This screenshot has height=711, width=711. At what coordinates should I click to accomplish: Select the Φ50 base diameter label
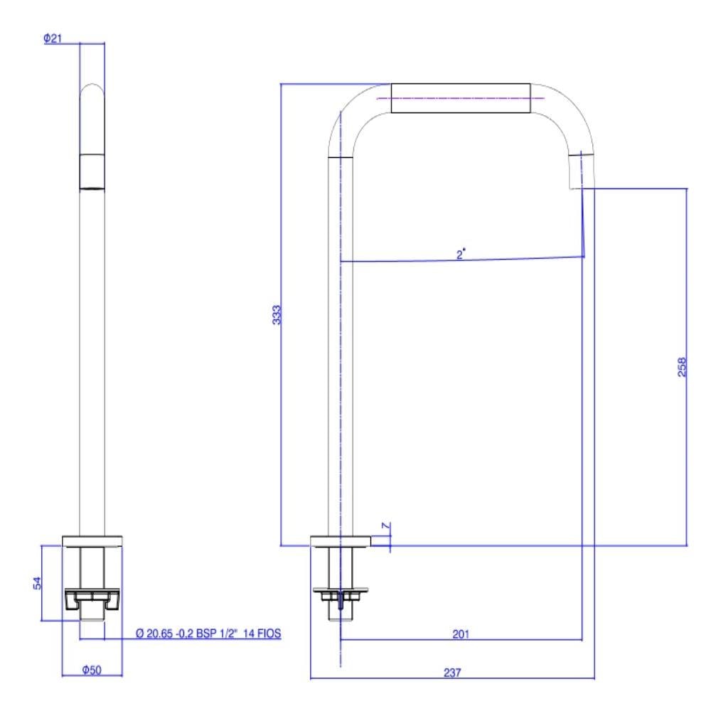(x=91, y=670)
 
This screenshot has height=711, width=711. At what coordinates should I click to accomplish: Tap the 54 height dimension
(x=38, y=583)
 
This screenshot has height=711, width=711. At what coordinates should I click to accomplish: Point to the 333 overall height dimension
(x=278, y=315)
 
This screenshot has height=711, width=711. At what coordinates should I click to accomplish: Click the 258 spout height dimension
(x=682, y=366)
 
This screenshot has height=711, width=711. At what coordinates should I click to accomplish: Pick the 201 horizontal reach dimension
(x=461, y=634)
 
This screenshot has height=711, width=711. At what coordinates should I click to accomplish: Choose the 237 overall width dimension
(x=453, y=672)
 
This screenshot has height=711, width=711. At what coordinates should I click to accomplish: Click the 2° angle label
(x=461, y=253)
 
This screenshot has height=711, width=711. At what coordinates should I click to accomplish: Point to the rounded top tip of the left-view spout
(x=92, y=88)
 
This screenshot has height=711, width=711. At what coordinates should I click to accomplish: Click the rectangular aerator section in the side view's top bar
(x=461, y=98)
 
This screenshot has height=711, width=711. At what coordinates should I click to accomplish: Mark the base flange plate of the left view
(x=92, y=541)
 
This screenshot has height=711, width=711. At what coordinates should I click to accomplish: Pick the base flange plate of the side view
(x=341, y=540)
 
